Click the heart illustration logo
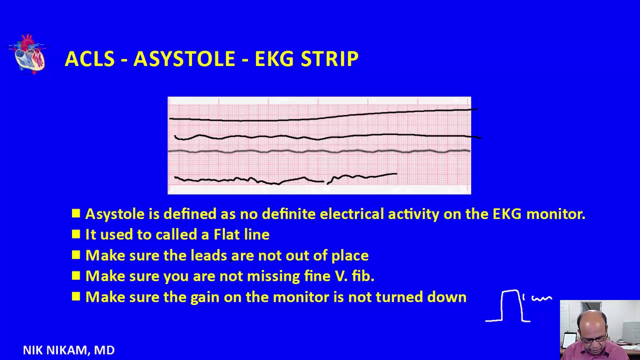[28, 53]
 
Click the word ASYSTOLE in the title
[184, 59]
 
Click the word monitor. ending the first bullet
[556, 214]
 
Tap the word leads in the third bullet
[208, 255]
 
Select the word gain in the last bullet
[205, 297]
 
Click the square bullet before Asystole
[76, 213]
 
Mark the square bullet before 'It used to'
[76, 234]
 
